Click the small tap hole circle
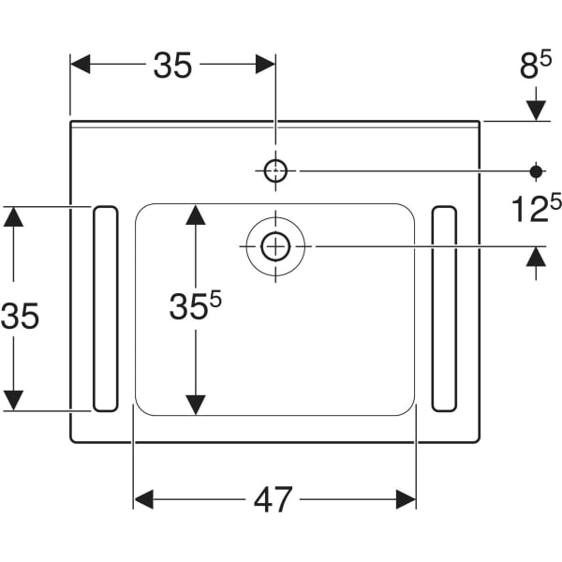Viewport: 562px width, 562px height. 275,170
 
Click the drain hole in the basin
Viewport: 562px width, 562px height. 275,246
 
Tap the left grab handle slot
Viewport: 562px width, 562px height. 104,308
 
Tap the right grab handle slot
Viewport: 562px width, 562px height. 444,308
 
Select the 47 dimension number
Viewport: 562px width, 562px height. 274,499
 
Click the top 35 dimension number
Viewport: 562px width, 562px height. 172,66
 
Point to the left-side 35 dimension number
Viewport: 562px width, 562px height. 21,317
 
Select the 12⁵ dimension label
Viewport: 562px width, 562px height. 535,208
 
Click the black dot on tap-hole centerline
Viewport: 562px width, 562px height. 536,170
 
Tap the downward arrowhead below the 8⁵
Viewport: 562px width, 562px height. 536,109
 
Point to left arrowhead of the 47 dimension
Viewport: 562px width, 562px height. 144,499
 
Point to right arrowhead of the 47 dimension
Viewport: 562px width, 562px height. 406,499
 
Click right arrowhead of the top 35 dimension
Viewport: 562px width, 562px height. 265,64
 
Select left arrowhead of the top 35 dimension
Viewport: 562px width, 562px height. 81,64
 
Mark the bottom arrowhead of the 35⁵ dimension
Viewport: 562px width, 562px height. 195,404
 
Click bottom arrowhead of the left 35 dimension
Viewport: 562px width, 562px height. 13,400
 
